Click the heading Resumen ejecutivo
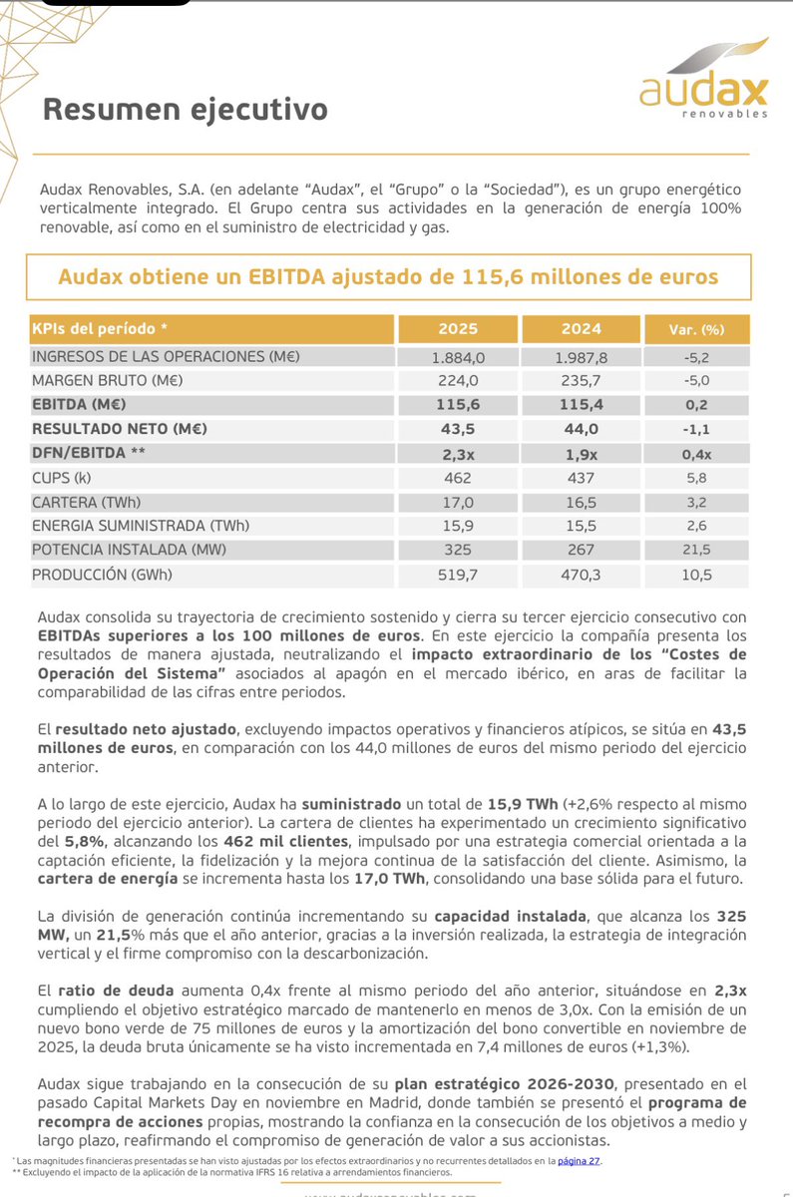pos(185,109)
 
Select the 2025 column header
pos(458,329)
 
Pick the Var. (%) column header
pos(696,329)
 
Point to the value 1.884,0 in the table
pos(458,356)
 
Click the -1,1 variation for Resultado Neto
pos(696,428)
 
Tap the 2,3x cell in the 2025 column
pos(458,453)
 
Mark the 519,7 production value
pos(458,574)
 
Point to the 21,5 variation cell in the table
pos(696,550)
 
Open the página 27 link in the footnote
pos(580,1160)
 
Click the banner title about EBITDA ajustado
pos(388,276)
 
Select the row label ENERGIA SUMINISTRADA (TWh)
pos(141,526)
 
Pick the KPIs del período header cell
pos(100,329)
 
